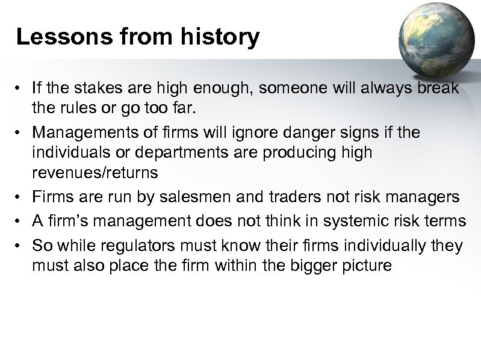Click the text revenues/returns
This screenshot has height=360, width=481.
[x=95, y=173]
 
